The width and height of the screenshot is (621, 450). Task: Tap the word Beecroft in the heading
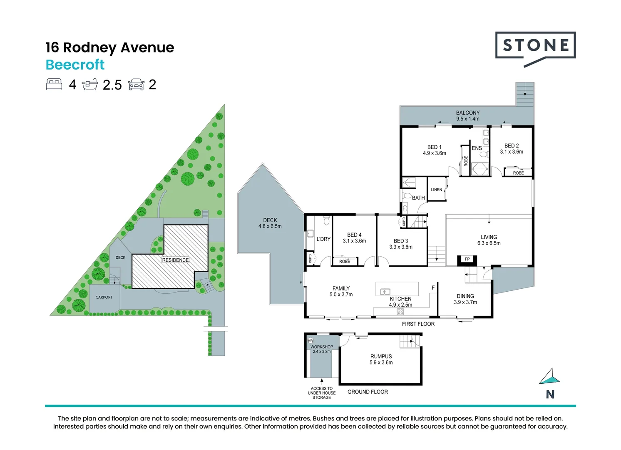coord(75,65)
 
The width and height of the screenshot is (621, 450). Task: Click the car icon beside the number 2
coord(136,85)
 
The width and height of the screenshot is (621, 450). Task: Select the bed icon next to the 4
coord(54,85)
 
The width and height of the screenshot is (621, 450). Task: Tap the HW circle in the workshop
coord(310,340)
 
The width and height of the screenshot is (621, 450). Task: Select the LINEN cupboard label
coord(436,190)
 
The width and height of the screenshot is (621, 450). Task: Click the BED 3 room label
coord(401,241)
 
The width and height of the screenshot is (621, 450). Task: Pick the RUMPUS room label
coord(381,356)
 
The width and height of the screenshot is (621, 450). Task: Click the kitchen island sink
coord(385,292)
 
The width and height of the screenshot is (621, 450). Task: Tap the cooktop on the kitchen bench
coord(400,312)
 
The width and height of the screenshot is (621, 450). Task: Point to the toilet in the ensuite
coord(484,154)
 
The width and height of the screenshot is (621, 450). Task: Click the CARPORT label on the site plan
coord(104,297)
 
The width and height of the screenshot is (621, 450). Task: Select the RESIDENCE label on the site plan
coord(175,260)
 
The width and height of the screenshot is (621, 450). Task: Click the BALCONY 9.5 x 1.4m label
coord(468,116)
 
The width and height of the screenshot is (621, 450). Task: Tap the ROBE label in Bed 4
coord(345,262)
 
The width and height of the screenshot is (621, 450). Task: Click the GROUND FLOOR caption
coord(368,392)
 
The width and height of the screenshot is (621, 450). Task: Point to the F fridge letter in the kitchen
coord(433,288)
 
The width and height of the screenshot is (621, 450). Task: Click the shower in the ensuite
coord(479,169)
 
